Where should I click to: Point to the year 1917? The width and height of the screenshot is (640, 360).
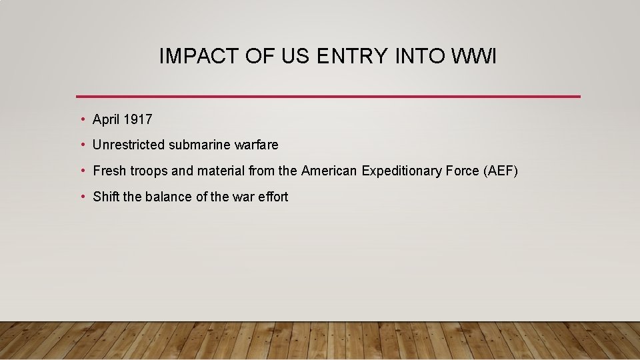pos(138,120)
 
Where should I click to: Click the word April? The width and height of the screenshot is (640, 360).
pos(106,120)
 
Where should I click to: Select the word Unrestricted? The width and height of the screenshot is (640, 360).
pos(129,145)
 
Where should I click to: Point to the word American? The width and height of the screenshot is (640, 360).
pos(329,171)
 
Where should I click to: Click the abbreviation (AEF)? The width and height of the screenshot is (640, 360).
pos(500,171)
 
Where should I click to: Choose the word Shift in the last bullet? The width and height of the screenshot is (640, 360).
pos(105,197)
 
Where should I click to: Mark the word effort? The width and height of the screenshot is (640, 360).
pos(273,197)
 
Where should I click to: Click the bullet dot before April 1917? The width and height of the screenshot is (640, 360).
pos(82,120)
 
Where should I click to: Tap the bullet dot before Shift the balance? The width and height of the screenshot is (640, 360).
pos(82,197)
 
